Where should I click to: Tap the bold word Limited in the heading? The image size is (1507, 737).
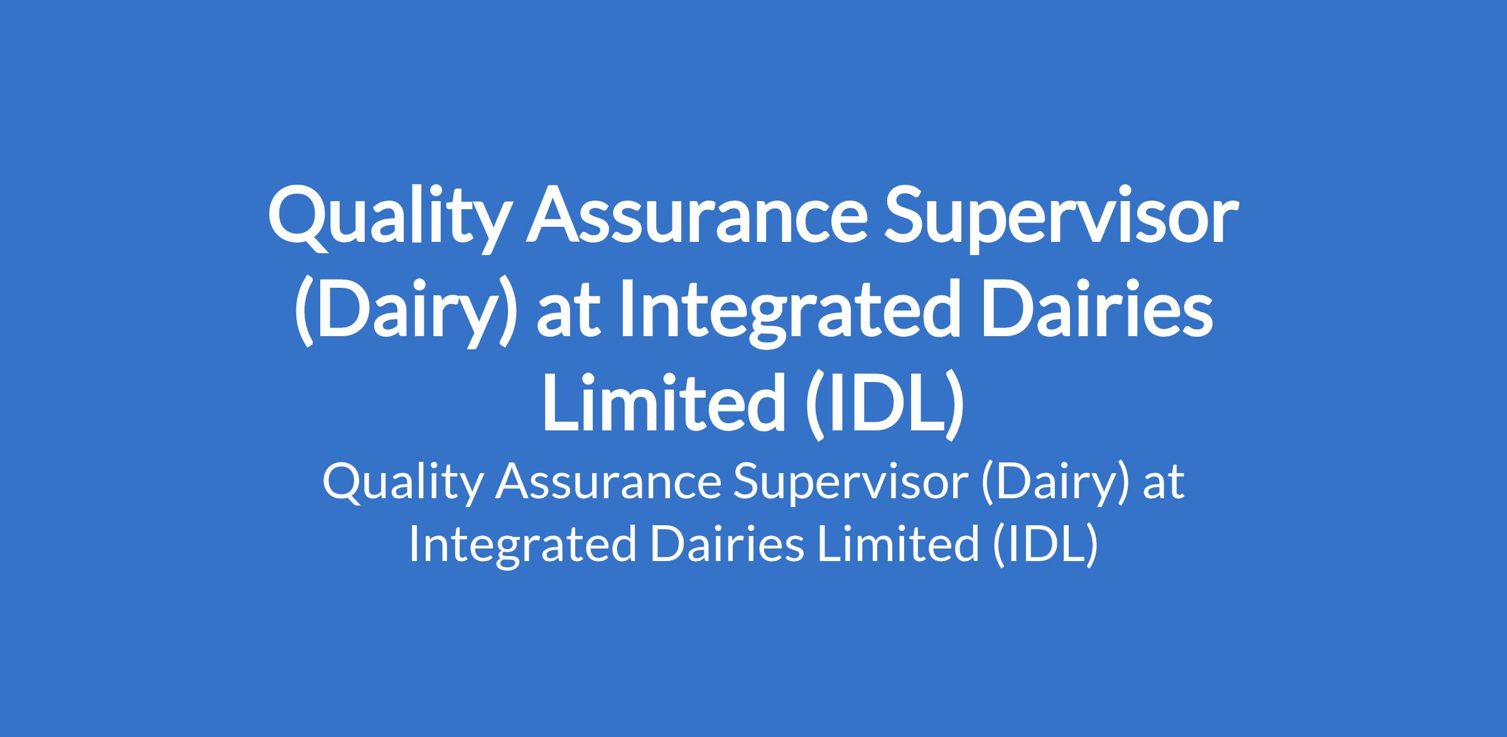[x=664, y=402]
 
